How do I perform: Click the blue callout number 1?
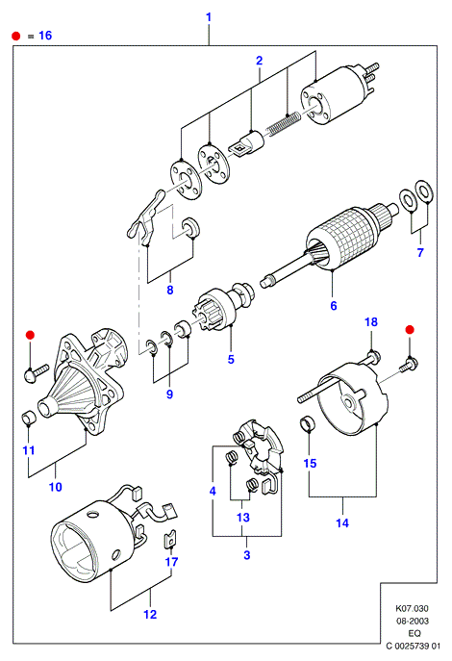click(209, 17)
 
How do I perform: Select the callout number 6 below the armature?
click(334, 306)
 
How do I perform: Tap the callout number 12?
click(150, 614)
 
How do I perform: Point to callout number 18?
click(370, 322)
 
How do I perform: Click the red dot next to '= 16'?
click(16, 36)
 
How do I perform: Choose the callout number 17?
click(171, 562)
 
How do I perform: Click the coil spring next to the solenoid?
click(284, 123)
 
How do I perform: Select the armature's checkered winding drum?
click(342, 239)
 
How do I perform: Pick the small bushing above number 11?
click(29, 417)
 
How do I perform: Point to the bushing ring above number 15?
click(308, 423)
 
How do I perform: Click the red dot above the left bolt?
click(30, 335)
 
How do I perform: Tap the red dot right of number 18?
click(410, 330)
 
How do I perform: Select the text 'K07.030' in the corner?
click(412, 608)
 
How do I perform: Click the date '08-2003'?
click(413, 621)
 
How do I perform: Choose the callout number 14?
click(342, 523)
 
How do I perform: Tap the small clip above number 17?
click(170, 539)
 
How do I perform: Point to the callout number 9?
click(169, 394)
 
